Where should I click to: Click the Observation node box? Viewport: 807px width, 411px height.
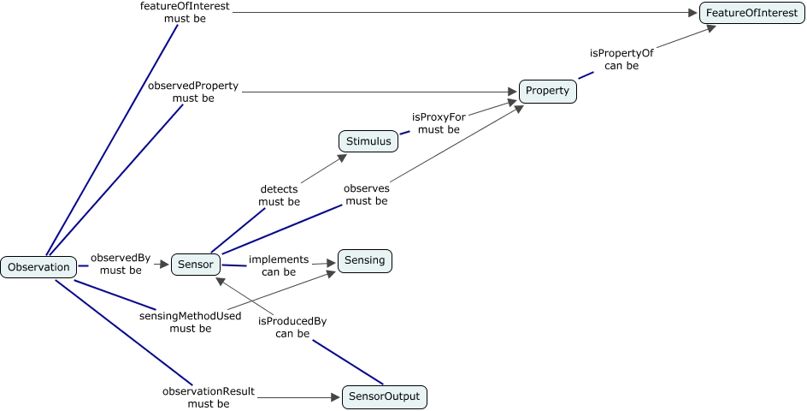(38, 267)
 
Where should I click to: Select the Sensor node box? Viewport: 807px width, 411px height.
(196, 264)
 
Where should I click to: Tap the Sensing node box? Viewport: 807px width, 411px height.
(365, 260)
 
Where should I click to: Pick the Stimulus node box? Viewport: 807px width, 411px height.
(368, 141)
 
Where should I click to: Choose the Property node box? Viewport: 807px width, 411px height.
(547, 91)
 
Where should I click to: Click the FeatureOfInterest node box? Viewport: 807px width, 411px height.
(751, 14)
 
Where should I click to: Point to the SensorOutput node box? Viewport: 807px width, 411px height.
(385, 397)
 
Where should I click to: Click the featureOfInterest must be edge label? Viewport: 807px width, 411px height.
(186, 13)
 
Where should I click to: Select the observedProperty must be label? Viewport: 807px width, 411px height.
(193, 92)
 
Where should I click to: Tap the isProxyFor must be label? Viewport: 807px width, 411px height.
(439, 123)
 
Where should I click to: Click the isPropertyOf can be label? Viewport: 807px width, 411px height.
(621, 59)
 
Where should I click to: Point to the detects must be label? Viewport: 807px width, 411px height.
(279, 195)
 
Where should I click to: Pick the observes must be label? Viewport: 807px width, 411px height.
(366, 194)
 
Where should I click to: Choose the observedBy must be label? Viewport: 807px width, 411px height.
(121, 264)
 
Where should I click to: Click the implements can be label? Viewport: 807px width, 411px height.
(279, 265)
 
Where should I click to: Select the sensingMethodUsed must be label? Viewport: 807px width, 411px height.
(191, 322)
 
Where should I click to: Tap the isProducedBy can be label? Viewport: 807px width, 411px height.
(292, 328)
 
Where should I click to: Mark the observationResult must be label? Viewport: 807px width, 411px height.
(208, 397)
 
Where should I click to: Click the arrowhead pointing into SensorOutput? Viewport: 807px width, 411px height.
(336, 397)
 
